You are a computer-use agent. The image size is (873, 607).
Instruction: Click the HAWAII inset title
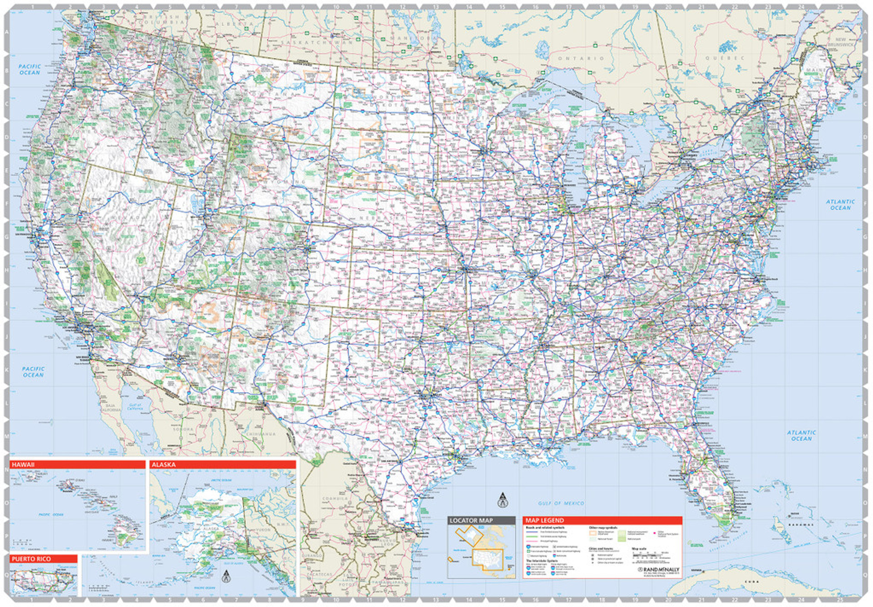pyautogui.click(x=23, y=465)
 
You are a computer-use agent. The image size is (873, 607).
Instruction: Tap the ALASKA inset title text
pyautogui.click(x=164, y=465)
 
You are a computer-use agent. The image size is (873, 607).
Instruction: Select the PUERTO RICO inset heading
pyautogui.click(x=31, y=559)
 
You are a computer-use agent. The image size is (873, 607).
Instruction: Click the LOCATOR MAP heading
pyautogui.click(x=471, y=520)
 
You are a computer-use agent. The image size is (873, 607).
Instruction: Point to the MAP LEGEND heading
pyautogui.click(x=545, y=520)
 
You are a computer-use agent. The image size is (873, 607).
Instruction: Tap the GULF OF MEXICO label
pyautogui.click(x=561, y=503)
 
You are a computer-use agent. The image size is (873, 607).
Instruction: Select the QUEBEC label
pyautogui.click(x=725, y=58)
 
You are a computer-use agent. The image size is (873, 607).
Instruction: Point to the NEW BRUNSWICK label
pyautogui.click(x=841, y=42)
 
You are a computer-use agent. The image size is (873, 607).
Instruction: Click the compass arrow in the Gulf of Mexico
pyautogui.click(x=502, y=500)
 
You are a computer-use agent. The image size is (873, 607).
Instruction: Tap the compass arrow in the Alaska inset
pyautogui.click(x=226, y=577)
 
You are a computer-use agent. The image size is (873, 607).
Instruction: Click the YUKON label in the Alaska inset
pyautogui.click(x=263, y=530)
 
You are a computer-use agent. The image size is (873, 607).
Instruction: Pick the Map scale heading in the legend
pyautogui.click(x=639, y=549)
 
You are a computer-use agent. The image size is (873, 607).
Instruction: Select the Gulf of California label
pyautogui.click(x=135, y=406)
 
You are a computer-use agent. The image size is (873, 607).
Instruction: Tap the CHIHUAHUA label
pyautogui.click(x=261, y=434)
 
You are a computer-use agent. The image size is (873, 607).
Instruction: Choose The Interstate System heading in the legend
pyautogui.click(x=542, y=561)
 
